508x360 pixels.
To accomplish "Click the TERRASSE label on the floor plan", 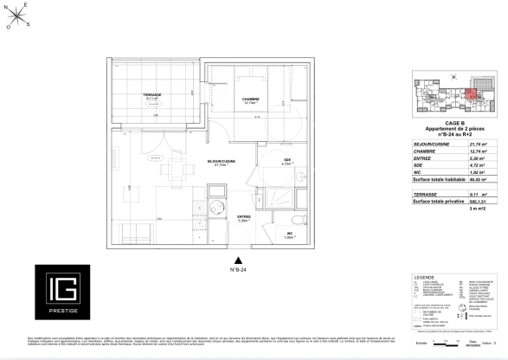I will pyautogui.click(x=153, y=94).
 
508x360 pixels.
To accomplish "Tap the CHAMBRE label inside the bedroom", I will pyautogui.click(x=250, y=100).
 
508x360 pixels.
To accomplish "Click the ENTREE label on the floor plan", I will pyautogui.click(x=244, y=216).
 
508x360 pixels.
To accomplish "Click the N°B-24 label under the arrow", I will pyautogui.click(x=238, y=270).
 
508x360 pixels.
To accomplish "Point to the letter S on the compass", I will pyautogui.click(x=29, y=23).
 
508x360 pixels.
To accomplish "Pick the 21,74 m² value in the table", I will pyautogui.click(x=479, y=144).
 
